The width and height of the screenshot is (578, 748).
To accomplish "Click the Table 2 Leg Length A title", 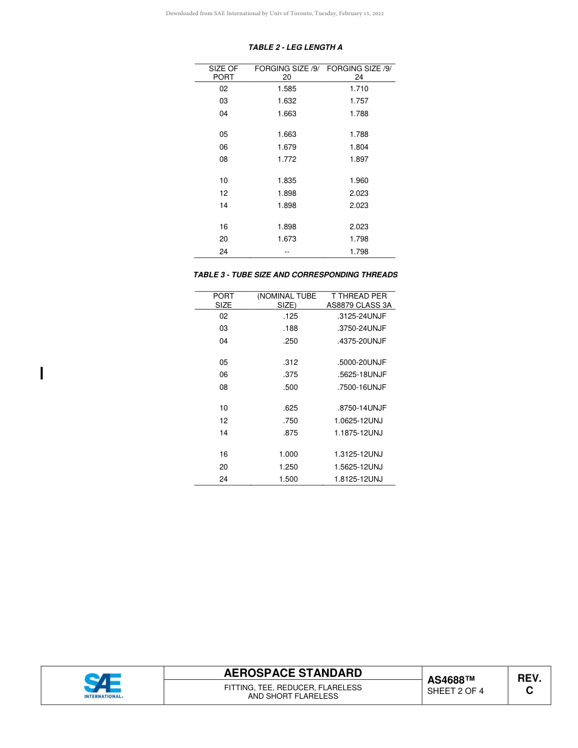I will click(x=295, y=47).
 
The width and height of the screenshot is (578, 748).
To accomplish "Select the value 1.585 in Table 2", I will click(x=287, y=89).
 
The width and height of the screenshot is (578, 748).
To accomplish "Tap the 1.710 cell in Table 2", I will click(x=359, y=89).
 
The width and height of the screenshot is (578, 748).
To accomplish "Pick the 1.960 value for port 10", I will click(x=359, y=181).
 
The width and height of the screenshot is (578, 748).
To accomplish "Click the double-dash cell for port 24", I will click(x=287, y=252).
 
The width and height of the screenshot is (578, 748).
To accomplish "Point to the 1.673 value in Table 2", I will click(x=287, y=239).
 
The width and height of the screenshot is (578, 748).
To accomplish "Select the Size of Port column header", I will click(x=223, y=73).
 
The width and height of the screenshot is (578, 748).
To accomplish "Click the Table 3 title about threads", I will click(x=295, y=275).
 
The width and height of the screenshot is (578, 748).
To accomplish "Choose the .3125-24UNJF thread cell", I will click(x=361, y=316).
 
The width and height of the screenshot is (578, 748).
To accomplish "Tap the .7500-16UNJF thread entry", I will click(x=361, y=387).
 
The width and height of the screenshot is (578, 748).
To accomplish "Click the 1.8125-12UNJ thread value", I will click(x=358, y=479).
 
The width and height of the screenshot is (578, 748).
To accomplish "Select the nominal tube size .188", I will click(x=290, y=328).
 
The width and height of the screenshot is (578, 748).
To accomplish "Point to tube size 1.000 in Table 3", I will click(x=288, y=454).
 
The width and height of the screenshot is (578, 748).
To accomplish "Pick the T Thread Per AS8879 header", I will click(x=359, y=300).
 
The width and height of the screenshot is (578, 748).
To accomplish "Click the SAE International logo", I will click(x=103, y=685).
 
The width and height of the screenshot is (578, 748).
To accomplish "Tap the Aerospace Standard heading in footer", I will click(x=293, y=673).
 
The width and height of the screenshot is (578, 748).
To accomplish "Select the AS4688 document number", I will click(x=450, y=680).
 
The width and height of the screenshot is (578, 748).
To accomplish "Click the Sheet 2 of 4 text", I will click(x=455, y=691).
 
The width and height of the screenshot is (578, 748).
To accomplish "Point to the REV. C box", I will click(x=529, y=684).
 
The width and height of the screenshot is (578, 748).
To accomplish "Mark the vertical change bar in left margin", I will click(x=41, y=373).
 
